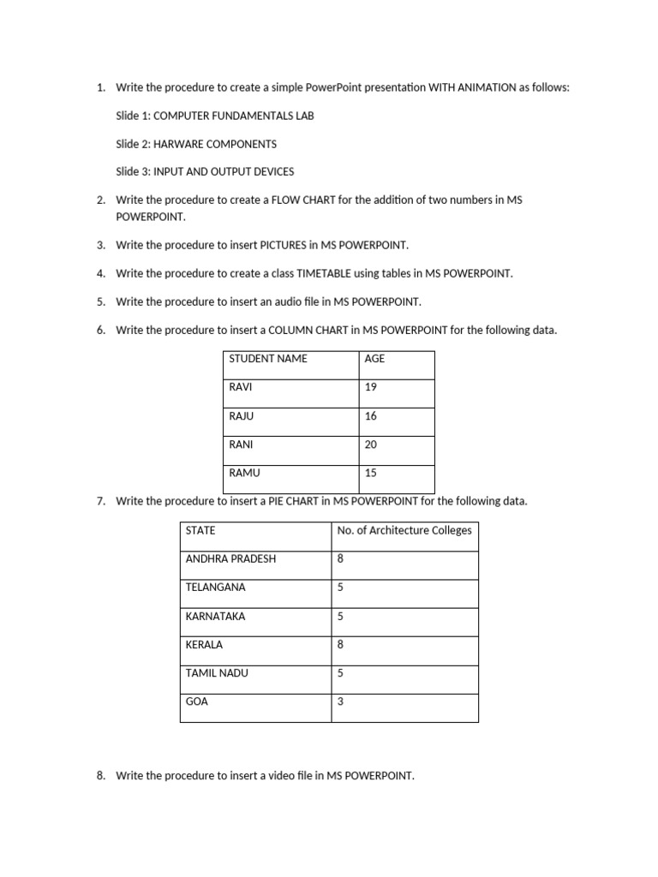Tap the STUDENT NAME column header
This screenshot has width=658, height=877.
tap(268, 359)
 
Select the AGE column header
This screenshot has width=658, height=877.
tap(374, 359)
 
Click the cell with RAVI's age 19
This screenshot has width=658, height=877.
tap(370, 387)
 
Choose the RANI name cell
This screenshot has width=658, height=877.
tap(242, 444)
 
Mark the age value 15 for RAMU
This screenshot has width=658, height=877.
tap(370, 473)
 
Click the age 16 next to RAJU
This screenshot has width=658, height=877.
tap(370, 416)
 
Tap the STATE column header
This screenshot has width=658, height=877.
tap(200, 530)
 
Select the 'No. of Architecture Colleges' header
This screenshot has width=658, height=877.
tap(404, 530)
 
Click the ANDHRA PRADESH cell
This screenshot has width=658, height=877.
tap(230, 558)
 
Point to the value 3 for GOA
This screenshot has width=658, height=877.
tap(340, 701)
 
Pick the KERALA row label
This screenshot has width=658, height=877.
tap(204, 645)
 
